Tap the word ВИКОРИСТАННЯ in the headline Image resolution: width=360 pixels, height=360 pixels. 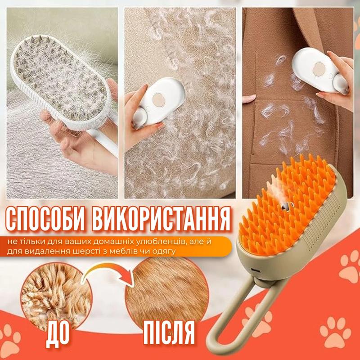click(161, 219)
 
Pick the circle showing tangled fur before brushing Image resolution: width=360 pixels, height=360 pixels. click(57, 296)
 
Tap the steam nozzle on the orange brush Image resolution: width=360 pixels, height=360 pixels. click(285, 206)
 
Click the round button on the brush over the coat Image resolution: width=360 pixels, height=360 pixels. click(319, 69)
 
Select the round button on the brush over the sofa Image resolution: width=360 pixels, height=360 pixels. click(159, 100)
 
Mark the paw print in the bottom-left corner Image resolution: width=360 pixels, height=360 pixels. click(9, 340)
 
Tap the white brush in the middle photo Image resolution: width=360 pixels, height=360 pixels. click(158, 102)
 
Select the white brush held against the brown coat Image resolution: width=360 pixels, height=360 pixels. click(320, 71)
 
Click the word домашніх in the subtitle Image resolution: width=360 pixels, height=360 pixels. click(112, 242)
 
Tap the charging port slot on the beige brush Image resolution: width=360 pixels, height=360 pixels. click(254, 269)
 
